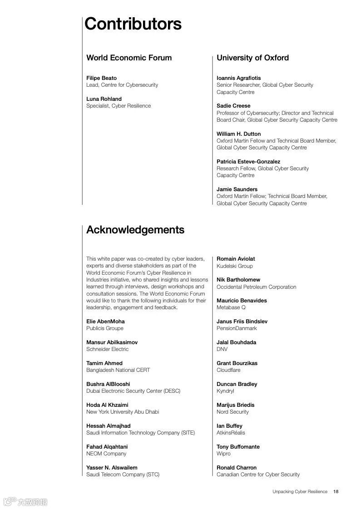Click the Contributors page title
[x=133, y=24]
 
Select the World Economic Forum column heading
[x=129, y=58]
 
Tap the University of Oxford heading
[x=252, y=58]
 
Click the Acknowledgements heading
[x=135, y=230]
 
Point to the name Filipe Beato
[x=101, y=78]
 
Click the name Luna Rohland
[x=104, y=99]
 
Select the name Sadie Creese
[x=233, y=106]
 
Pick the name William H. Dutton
[x=238, y=134]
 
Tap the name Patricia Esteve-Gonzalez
[x=248, y=162]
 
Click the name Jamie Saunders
[x=237, y=189]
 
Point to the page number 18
[x=336, y=491]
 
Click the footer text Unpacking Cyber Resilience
[x=300, y=491]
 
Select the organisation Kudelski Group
[x=235, y=266]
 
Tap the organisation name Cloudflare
[x=228, y=370]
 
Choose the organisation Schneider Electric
[x=107, y=349]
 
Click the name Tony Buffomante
[x=238, y=447]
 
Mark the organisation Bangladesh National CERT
[x=118, y=370]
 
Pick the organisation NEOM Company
[x=106, y=454]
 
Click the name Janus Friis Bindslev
[x=242, y=321]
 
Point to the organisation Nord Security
[x=232, y=412]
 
